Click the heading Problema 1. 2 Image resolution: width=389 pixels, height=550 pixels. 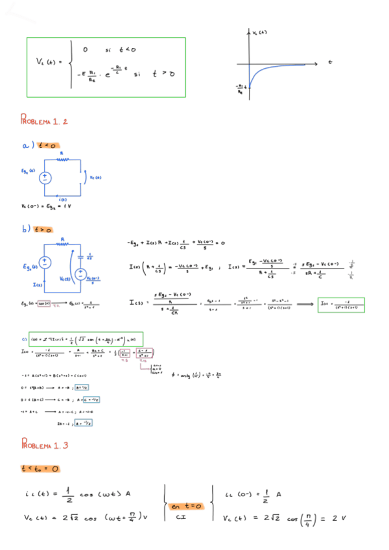coord(44,121)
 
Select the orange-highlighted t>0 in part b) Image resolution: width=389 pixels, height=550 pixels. coord(44,229)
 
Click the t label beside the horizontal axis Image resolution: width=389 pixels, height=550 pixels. coord(329,62)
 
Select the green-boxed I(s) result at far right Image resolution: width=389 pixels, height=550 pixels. coord(341,305)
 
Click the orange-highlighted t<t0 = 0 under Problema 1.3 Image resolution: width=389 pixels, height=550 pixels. coord(40,468)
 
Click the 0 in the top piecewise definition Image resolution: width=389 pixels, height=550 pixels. coord(86,49)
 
